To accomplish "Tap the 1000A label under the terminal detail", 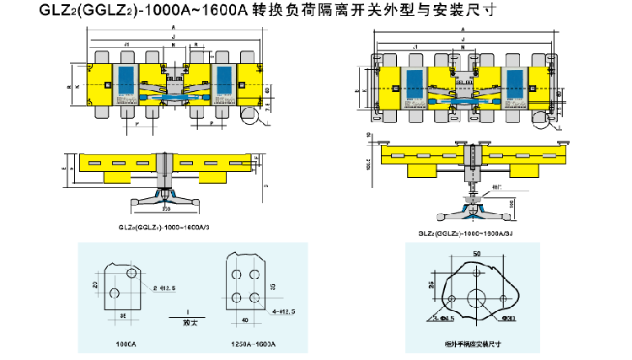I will coord(126,345).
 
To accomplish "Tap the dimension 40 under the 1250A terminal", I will coord(245,320).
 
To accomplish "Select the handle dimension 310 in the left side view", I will coord(166,207).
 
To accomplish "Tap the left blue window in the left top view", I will coord(125,76).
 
